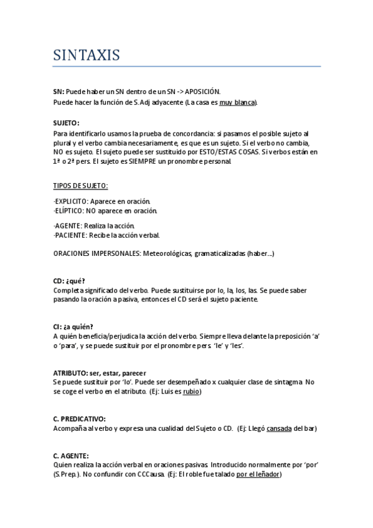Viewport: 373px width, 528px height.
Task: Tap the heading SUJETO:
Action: point(66,123)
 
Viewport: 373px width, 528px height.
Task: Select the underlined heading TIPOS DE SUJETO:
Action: point(80,185)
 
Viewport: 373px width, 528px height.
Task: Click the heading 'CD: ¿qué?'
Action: point(69,281)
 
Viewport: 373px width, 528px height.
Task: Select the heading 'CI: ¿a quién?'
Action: point(73,326)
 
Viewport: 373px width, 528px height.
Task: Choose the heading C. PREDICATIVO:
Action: point(79,418)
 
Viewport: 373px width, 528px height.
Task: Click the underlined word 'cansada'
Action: point(279,428)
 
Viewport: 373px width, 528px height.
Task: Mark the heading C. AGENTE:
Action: point(71,455)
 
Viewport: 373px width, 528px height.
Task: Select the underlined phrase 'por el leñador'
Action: point(258,474)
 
